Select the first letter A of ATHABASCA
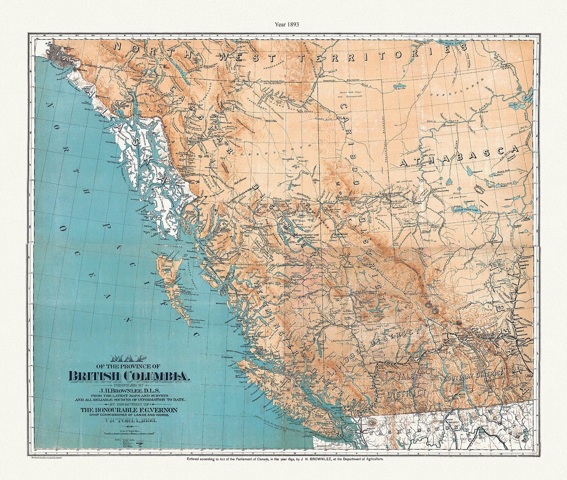pos(404,164)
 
